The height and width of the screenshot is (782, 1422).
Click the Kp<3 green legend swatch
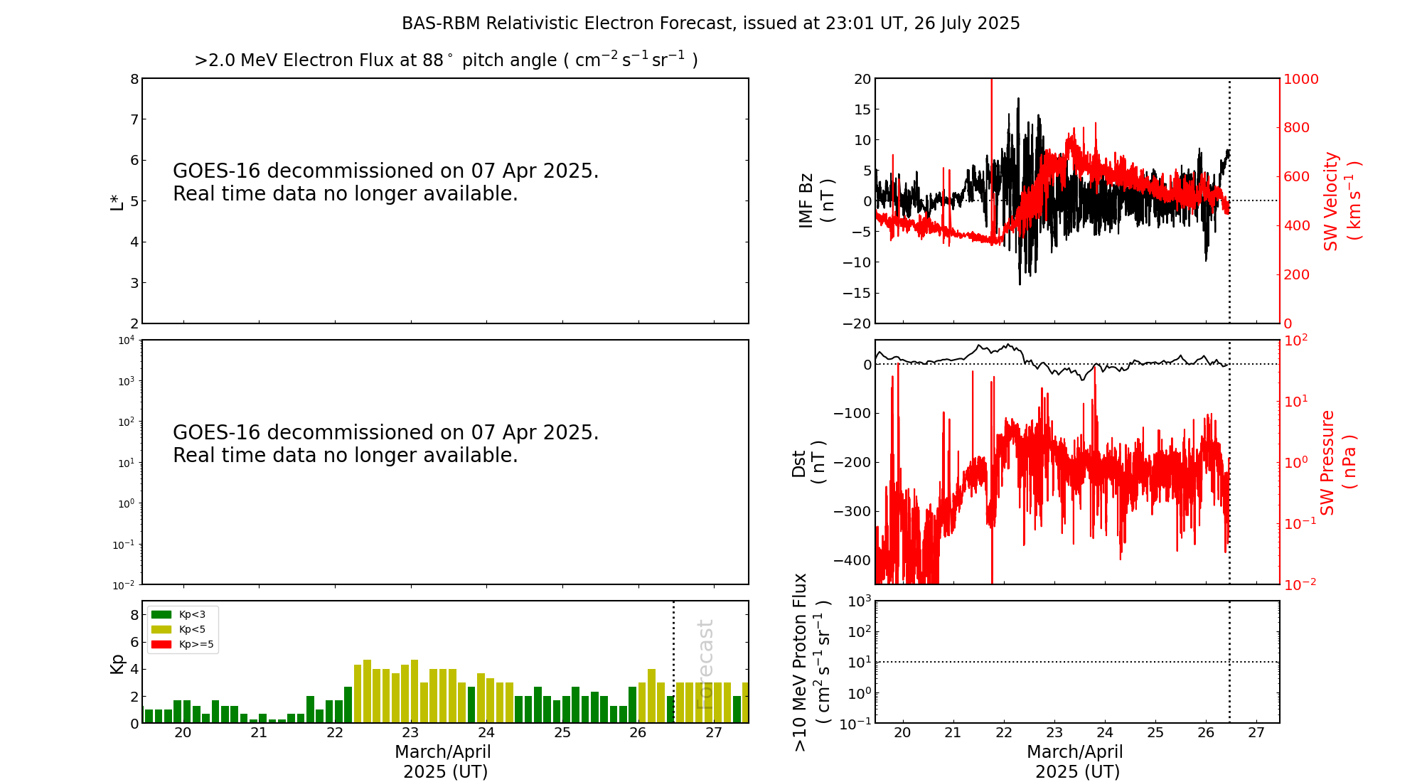(x=161, y=614)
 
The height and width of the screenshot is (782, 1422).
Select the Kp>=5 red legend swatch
(x=161, y=645)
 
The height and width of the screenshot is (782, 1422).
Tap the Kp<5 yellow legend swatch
(x=161, y=629)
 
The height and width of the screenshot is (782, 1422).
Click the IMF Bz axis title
(x=816, y=200)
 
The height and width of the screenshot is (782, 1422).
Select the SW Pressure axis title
(x=1337, y=462)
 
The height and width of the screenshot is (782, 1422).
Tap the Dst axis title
(x=808, y=462)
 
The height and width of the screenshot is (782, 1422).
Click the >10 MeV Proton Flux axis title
(x=811, y=662)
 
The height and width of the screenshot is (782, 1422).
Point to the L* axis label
(x=117, y=201)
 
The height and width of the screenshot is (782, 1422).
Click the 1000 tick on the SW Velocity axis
(x=1300, y=79)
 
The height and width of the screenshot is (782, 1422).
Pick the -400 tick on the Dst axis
(x=852, y=560)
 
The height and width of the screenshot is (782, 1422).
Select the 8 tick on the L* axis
(x=134, y=79)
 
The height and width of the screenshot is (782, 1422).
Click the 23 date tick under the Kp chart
(x=410, y=733)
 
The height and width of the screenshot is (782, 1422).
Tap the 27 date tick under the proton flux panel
(x=1256, y=733)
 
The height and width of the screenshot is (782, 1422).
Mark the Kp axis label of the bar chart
(x=117, y=664)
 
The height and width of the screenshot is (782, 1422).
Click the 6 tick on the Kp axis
(x=134, y=642)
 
